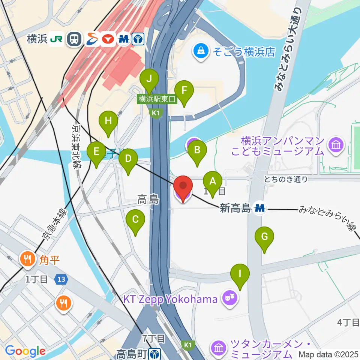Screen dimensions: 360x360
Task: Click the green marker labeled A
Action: [x=213, y=182]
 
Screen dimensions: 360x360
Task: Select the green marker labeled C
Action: [x=136, y=220]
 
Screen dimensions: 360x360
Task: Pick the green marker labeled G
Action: [x=264, y=237]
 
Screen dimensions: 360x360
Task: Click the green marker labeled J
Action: [x=149, y=79]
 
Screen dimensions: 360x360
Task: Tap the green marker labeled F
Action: [x=184, y=91]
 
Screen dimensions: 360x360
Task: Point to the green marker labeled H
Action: [x=108, y=121]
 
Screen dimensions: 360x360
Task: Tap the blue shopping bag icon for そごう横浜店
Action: [x=201, y=51]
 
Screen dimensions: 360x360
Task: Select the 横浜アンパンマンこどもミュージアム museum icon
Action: [x=333, y=145]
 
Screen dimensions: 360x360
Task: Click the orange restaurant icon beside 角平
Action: [x=27, y=259]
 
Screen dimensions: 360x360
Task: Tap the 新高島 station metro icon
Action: [x=259, y=208]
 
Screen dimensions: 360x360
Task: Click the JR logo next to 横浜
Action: [x=58, y=39]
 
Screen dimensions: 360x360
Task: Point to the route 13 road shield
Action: [x=60, y=279]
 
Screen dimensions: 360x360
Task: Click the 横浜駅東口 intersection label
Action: [x=157, y=99]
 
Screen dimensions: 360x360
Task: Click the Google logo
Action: [x=25, y=351]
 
